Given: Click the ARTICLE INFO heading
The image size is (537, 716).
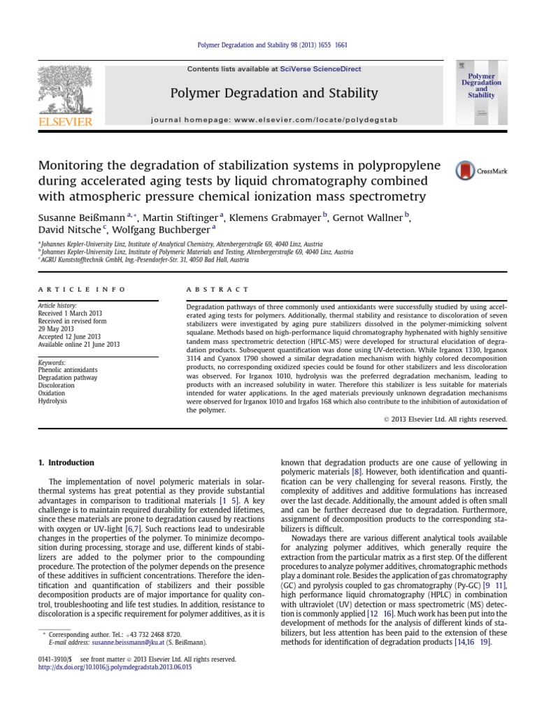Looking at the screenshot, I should [x=81, y=289].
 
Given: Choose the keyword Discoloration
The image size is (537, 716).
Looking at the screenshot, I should [x=57, y=384].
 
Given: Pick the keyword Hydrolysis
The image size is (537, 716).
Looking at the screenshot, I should [x=53, y=401].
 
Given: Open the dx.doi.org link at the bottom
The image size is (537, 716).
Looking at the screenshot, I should [x=113, y=668].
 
